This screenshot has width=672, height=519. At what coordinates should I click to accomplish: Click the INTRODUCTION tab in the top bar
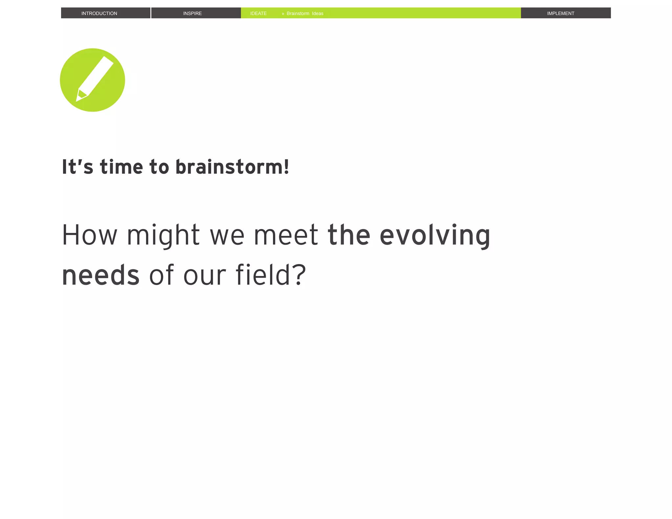click(x=99, y=13)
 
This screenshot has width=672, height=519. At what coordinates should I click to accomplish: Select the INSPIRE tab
click(x=192, y=13)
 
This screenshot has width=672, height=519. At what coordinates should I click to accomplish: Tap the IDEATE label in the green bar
click(x=258, y=13)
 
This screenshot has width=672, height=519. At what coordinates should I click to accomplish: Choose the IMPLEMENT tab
click(x=560, y=13)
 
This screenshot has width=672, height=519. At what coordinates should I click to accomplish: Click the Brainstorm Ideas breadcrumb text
click(x=305, y=13)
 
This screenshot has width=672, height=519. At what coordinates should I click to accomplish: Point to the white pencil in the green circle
click(x=95, y=77)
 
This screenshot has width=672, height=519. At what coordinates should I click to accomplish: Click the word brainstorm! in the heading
click(x=232, y=167)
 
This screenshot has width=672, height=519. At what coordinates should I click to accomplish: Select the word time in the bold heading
click(x=121, y=167)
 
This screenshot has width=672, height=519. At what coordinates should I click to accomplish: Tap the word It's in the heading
click(x=77, y=167)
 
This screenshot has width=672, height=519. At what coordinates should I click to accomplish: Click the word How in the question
click(x=89, y=235)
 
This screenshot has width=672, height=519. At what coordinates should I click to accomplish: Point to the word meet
click(x=286, y=235)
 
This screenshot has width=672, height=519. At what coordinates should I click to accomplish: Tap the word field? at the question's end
click(x=271, y=275)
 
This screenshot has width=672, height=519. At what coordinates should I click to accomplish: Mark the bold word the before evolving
click(x=349, y=235)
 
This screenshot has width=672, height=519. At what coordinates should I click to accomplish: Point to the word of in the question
click(x=161, y=275)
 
